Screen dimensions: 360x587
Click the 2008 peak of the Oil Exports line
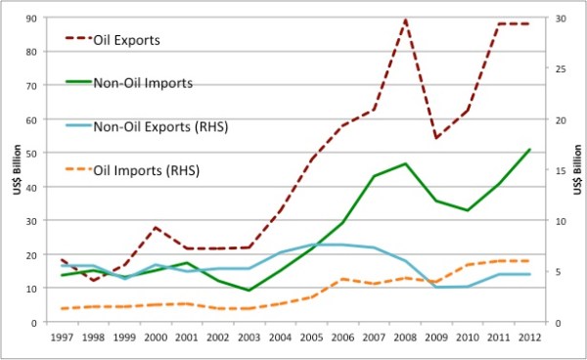click(405, 20)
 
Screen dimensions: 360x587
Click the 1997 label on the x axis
click(63, 338)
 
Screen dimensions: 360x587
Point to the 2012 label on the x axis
click(529, 338)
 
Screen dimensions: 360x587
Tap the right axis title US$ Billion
click(577, 170)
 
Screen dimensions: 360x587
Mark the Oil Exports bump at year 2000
click(157, 227)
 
